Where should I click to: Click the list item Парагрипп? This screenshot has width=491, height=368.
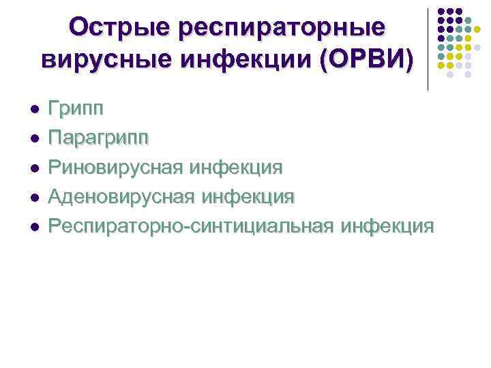98,138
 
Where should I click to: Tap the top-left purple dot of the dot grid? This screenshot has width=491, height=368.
441,12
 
